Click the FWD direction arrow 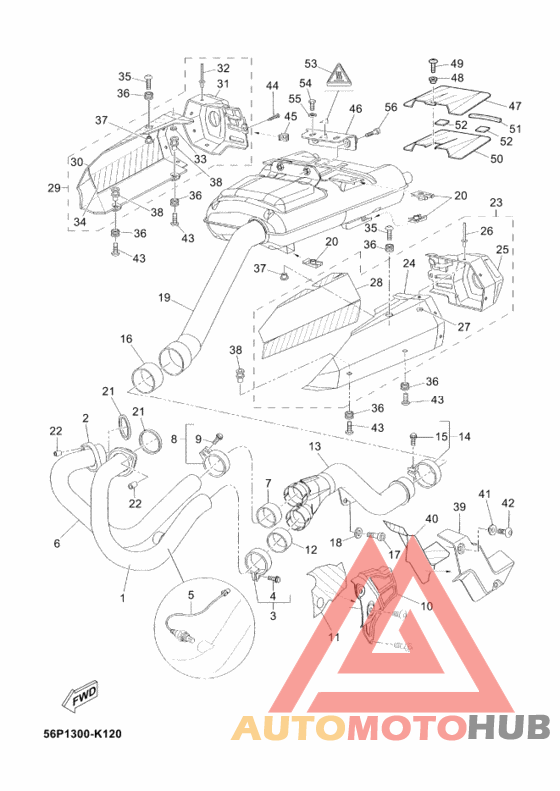click(x=80, y=699)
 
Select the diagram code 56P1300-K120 click(x=83, y=733)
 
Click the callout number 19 click(x=164, y=297)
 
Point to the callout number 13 click(x=315, y=446)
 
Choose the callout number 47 click(x=515, y=106)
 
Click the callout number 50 click(x=497, y=159)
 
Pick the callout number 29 click(x=54, y=188)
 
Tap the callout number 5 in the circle click(x=191, y=595)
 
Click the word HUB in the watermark click(x=508, y=727)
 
